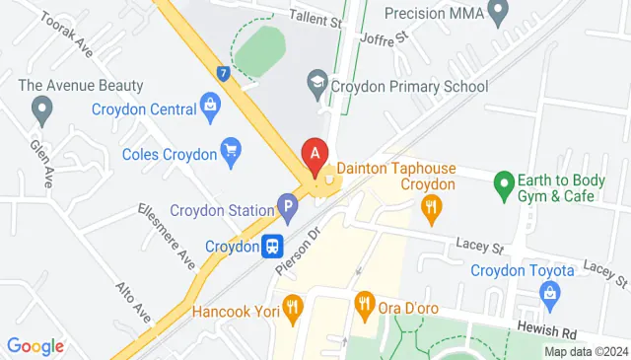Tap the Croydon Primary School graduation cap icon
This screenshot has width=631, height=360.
[x=316, y=87]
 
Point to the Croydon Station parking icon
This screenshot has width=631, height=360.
[x=288, y=209]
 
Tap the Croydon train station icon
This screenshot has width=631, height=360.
[x=273, y=246]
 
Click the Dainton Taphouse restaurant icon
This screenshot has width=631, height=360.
[x=430, y=206]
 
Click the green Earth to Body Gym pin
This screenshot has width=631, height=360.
[x=504, y=182]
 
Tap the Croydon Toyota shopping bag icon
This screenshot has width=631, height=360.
[x=549, y=293]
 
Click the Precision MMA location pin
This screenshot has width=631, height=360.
[x=498, y=13]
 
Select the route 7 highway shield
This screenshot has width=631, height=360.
[x=225, y=73]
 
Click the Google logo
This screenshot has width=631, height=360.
[x=35, y=346]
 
